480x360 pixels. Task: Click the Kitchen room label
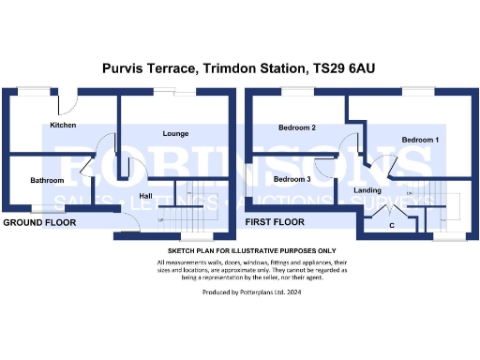pyautogui.click(x=63, y=125)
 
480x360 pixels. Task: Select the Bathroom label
pyautogui.click(x=46, y=180)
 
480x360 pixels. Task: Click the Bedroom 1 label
pyautogui.click(x=421, y=139)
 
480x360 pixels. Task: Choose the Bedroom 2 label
pyautogui.click(x=297, y=127)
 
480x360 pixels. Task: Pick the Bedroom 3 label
pyautogui.click(x=292, y=178)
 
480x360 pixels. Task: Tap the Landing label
pyautogui.click(x=367, y=190)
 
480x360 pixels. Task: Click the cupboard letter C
pyautogui.click(x=390, y=225)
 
